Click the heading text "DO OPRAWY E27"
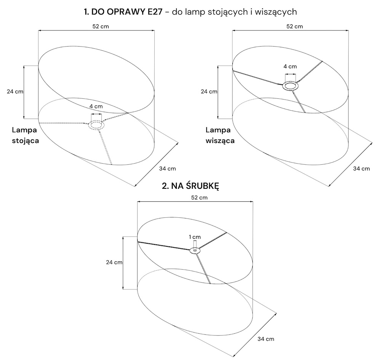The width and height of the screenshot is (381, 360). (x=126, y=12)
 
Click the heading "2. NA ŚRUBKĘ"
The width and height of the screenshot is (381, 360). (x=190, y=186)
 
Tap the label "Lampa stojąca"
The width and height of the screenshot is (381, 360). (x=25, y=135)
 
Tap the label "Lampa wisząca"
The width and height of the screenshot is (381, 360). (x=220, y=135)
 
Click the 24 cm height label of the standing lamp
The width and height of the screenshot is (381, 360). (x=15, y=92)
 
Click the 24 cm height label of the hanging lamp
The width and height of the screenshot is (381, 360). (x=209, y=92)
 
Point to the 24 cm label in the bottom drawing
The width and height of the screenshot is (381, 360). (x=114, y=262)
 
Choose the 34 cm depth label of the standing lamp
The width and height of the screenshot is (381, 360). (x=167, y=169)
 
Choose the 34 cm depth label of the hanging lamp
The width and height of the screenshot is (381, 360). (x=361, y=169)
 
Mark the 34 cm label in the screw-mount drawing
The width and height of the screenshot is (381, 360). (x=266, y=339)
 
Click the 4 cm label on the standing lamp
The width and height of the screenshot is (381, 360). (x=96, y=106)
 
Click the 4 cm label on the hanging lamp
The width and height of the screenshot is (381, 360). (x=290, y=66)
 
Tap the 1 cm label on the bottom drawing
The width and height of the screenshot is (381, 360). (x=195, y=237)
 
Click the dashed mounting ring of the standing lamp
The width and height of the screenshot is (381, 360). (x=96, y=121)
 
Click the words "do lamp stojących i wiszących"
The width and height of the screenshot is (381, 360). (x=234, y=12)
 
